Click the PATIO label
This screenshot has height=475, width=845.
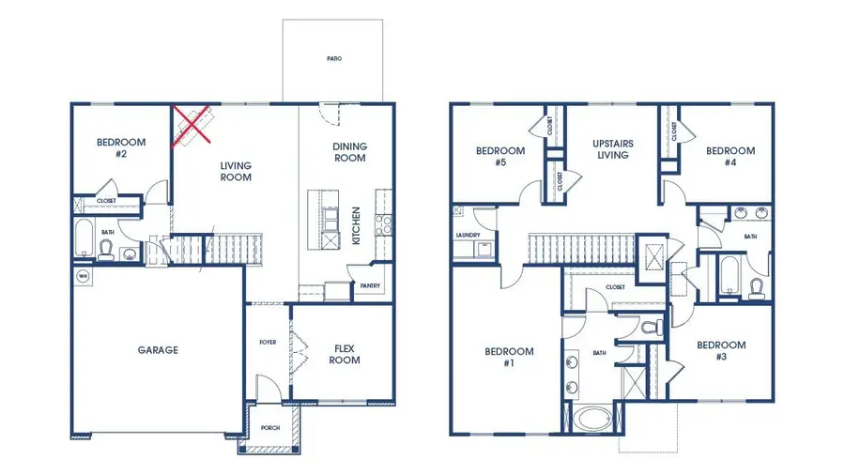334,58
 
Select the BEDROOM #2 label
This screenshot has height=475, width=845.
121,147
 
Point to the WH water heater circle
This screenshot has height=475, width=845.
83,276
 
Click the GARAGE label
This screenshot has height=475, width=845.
158,350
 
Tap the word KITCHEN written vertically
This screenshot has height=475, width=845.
356,225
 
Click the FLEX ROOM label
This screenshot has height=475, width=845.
345,353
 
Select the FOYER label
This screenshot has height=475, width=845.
268,342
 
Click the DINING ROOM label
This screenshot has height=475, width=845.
349,152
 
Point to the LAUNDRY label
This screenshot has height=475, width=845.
468,236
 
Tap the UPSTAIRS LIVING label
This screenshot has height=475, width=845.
612,149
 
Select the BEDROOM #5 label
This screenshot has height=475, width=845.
499,156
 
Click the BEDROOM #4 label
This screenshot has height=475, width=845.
730,156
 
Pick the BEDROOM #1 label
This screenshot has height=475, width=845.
509,358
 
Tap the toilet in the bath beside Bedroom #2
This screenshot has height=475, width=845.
106,250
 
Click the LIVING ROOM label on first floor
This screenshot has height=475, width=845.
236,171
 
